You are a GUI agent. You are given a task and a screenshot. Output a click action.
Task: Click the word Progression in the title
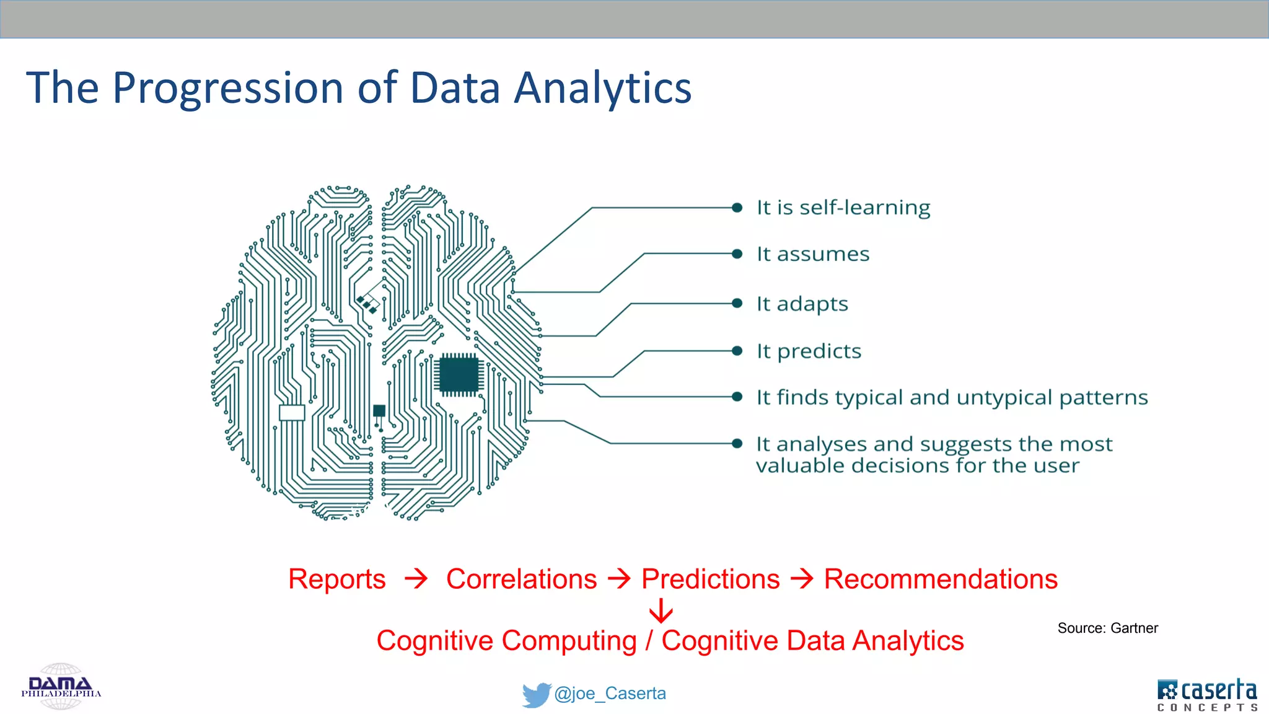(x=228, y=89)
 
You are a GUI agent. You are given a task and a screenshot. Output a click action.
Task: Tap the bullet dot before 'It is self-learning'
(x=737, y=208)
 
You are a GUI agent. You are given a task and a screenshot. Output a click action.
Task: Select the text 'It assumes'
(x=812, y=254)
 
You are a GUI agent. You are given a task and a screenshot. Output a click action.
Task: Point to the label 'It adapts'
(x=802, y=304)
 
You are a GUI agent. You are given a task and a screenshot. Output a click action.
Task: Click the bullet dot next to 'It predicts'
(x=737, y=351)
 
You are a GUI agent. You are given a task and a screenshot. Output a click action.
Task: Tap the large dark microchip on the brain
(x=459, y=375)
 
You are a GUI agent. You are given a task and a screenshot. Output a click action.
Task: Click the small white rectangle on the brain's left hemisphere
(x=292, y=413)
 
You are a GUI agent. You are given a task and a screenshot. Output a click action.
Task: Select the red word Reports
(x=336, y=580)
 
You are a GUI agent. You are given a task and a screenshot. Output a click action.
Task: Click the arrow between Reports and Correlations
(x=416, y=579)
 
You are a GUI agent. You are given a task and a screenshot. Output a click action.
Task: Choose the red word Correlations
(x=521, y=580)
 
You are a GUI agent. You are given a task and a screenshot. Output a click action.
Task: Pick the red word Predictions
(x=710, y=580)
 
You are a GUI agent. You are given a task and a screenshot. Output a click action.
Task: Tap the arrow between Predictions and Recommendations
(x=802, y=579)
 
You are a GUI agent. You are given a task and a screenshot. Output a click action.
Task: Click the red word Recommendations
(x=940, y=580)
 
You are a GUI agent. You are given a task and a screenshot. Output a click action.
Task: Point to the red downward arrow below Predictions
(x=661, y=610)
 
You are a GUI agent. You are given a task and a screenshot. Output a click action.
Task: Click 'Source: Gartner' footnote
(x=1107, y=628)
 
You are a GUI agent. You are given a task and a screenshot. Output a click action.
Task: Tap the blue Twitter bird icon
(x=536, y=694)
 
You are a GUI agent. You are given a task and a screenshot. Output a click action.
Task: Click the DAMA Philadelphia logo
(x=61, y=687)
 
